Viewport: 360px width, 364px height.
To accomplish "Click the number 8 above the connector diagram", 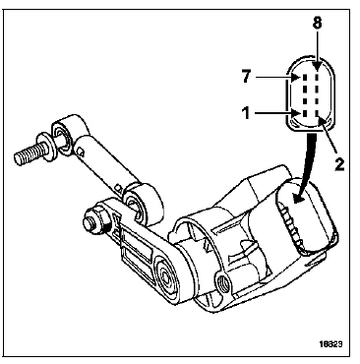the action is (x=317, y=23).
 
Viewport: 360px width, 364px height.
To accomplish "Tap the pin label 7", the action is (x=246, y=77).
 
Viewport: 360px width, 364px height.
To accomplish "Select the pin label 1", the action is (x=246, y=113).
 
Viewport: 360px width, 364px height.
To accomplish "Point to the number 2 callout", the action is (x=339, y=163).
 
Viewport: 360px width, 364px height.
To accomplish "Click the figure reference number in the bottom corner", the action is (x=330, y=344).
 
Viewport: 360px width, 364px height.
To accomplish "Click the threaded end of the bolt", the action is (x=29, y=152).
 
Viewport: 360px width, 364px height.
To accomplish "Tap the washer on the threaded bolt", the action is (x=46, y=147).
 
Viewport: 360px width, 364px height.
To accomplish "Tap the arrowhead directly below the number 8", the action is (x=317, y=66).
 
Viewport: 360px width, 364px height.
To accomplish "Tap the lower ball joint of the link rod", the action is (x=141, y=203).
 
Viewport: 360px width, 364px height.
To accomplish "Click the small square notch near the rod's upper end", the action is (x=81, y=152).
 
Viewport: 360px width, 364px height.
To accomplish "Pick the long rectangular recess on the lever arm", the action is (x=139, y=242).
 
